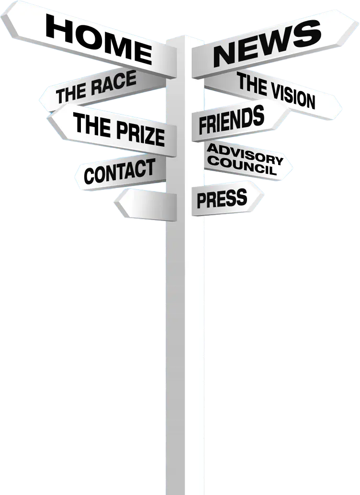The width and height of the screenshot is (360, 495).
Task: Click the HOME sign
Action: [x=98, y=37]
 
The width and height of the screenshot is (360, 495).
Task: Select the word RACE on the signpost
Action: [x=114, y=85]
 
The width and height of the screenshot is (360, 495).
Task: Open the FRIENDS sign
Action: [x=232, y=121]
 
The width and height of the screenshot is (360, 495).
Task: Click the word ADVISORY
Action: [x=245, y=154]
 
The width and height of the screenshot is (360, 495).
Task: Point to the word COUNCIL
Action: [x=242, y=166]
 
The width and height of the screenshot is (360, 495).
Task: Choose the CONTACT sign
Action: [x=119, y=172]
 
